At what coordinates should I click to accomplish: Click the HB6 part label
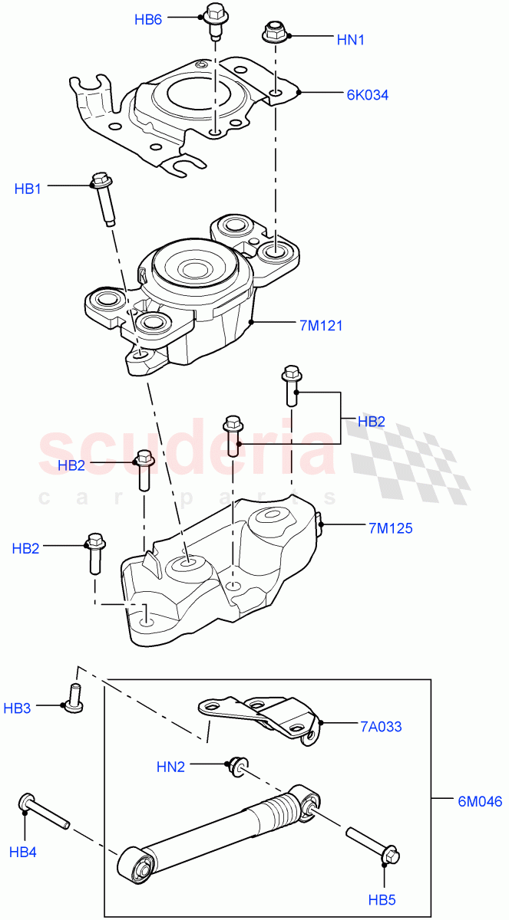148,20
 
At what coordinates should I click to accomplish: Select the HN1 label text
351,39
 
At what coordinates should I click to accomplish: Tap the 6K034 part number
367,96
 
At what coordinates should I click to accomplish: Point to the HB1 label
28,189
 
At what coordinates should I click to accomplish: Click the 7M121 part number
321,326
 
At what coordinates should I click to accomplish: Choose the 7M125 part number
390,527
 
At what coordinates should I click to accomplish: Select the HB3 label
18,708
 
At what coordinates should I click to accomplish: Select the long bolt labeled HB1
104,198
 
